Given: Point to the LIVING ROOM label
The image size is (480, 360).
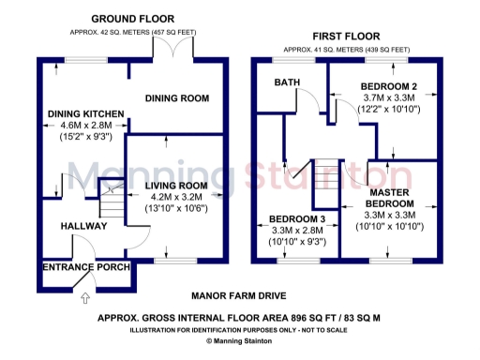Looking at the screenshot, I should [175, 185].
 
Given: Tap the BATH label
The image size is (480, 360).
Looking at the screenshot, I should [287, 82].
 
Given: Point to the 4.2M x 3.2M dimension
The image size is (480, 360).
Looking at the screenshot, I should [175, 197].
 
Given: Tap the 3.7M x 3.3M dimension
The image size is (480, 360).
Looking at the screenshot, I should [388, 98].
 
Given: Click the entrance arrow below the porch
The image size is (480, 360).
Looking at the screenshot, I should [87, 299].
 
